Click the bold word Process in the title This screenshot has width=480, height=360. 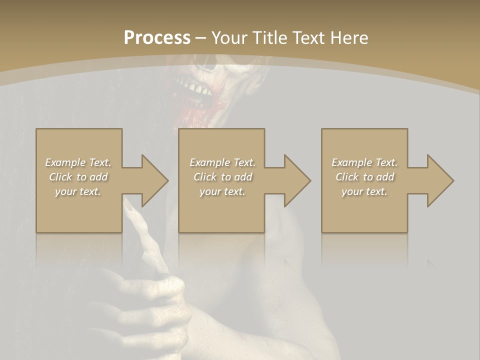157,38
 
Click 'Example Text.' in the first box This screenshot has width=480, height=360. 78,162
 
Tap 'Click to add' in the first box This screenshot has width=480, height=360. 78,177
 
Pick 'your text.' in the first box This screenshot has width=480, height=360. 78,191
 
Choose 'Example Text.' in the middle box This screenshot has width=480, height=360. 222,162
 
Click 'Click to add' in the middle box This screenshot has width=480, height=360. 222,177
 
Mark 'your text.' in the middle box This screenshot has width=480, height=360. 222,191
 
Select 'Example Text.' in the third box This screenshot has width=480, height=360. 364,162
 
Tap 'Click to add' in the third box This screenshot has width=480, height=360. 364,177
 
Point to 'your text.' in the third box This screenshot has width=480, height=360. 364,191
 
